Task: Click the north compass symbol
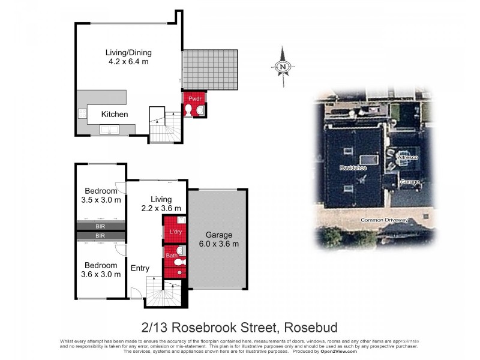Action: point(283,66)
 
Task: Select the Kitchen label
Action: point(114,114)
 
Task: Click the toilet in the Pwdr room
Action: point(188,110)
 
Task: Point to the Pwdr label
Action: point(194,98)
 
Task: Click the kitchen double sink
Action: point(109,129)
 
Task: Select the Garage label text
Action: point(218,235)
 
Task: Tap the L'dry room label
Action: point(176,232)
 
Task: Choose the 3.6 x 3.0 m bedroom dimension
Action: point(101,274)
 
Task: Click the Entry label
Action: point(140,268)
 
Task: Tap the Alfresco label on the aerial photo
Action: point(407,157)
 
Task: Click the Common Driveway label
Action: point(384,220)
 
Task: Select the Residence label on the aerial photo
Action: point(352,167)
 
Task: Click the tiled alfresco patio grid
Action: point(210,69)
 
